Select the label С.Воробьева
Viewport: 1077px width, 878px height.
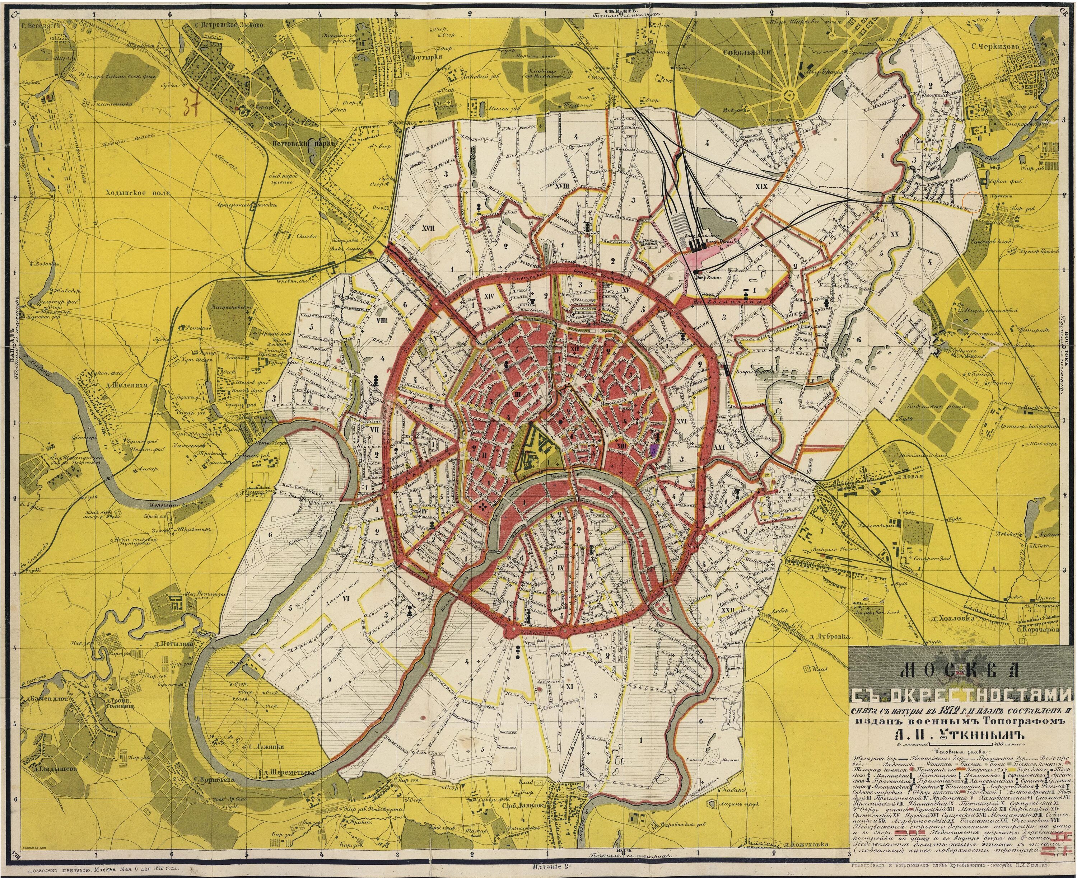(x=211, y=794)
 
